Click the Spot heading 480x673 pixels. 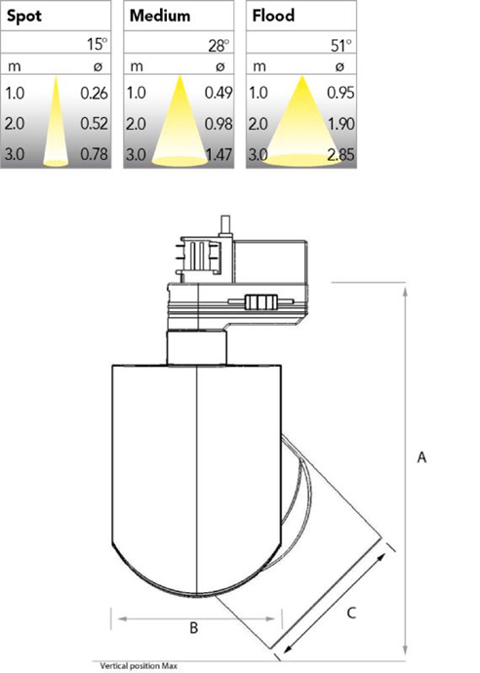coord(24,17)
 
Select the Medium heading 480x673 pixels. coord(160,16)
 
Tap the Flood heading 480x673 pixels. coord(273,16)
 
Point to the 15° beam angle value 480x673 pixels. coord(97,44)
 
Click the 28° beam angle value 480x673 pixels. coord(219,45)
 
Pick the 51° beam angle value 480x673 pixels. coord(341,45)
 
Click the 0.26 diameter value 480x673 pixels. coord(94,93)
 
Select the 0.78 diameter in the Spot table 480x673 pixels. coord(94,154)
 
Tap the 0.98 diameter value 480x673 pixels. coord(219,124)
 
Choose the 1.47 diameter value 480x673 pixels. coord(219,154)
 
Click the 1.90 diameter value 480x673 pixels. coord(341,124)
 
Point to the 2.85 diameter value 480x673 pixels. coord(341,154)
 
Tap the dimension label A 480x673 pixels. coord(422,457)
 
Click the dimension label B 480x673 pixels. coord(194,628)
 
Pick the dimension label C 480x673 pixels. coord(351,613)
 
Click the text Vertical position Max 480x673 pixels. coord(139,666)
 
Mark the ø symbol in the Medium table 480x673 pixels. coord(220,66)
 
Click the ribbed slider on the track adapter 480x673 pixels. coord(261,301)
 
